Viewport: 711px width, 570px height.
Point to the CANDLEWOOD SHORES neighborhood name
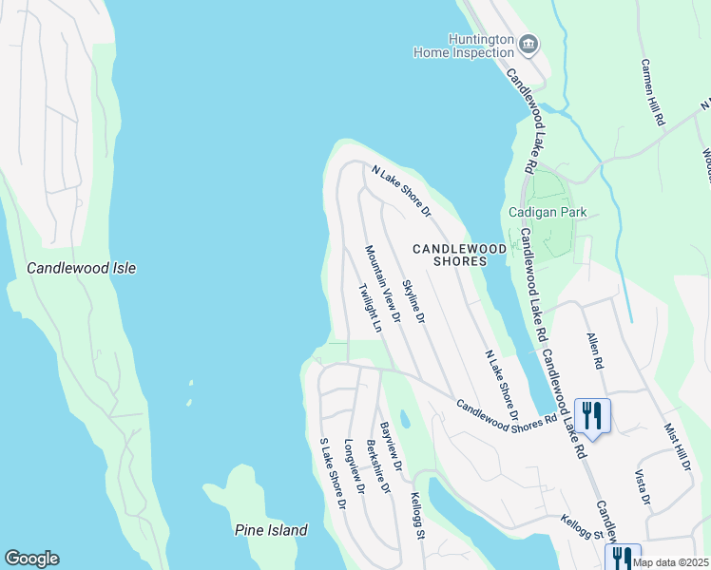(x=459, y=255)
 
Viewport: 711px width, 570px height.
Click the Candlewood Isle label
(x=81, y=269)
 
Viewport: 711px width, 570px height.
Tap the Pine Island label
(x=271, y=530)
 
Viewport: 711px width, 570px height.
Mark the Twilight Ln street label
(x=371, y=307)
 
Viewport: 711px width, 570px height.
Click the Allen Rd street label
(x=594, y=351)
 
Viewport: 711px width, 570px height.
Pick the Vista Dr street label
(x=642, y=486)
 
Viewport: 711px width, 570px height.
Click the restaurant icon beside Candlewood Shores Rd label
(x=592, y=415)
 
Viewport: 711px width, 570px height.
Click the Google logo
(x=31, y=559)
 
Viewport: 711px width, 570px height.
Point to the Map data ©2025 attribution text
(x=670, y=562)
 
